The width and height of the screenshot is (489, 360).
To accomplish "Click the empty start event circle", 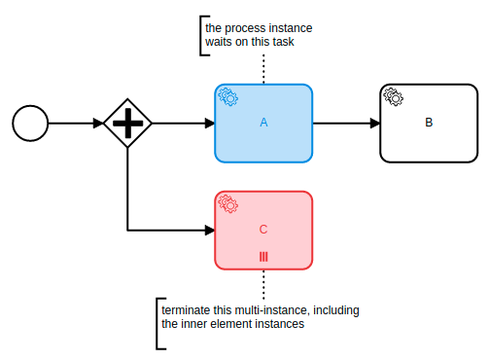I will [29, 124].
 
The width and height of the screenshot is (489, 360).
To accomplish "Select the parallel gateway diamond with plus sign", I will [127, 124].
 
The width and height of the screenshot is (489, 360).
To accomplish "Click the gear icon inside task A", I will [228, 97].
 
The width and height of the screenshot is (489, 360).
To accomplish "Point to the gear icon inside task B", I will [394, 96].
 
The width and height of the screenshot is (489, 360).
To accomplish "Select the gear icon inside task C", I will [228, 203].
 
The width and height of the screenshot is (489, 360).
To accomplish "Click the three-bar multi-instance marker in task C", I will [263, 257].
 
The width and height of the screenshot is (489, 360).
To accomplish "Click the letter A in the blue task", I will [263, 123].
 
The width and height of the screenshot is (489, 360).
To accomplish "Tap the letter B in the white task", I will [429, 123].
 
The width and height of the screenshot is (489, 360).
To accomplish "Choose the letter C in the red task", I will [263, 230].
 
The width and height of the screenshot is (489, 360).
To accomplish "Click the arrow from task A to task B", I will [345, 124].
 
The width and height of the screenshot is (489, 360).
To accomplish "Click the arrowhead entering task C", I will [208, 231].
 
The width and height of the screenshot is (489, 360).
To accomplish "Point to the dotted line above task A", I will [263, 68].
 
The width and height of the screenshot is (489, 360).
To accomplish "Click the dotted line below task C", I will [263, 284].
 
